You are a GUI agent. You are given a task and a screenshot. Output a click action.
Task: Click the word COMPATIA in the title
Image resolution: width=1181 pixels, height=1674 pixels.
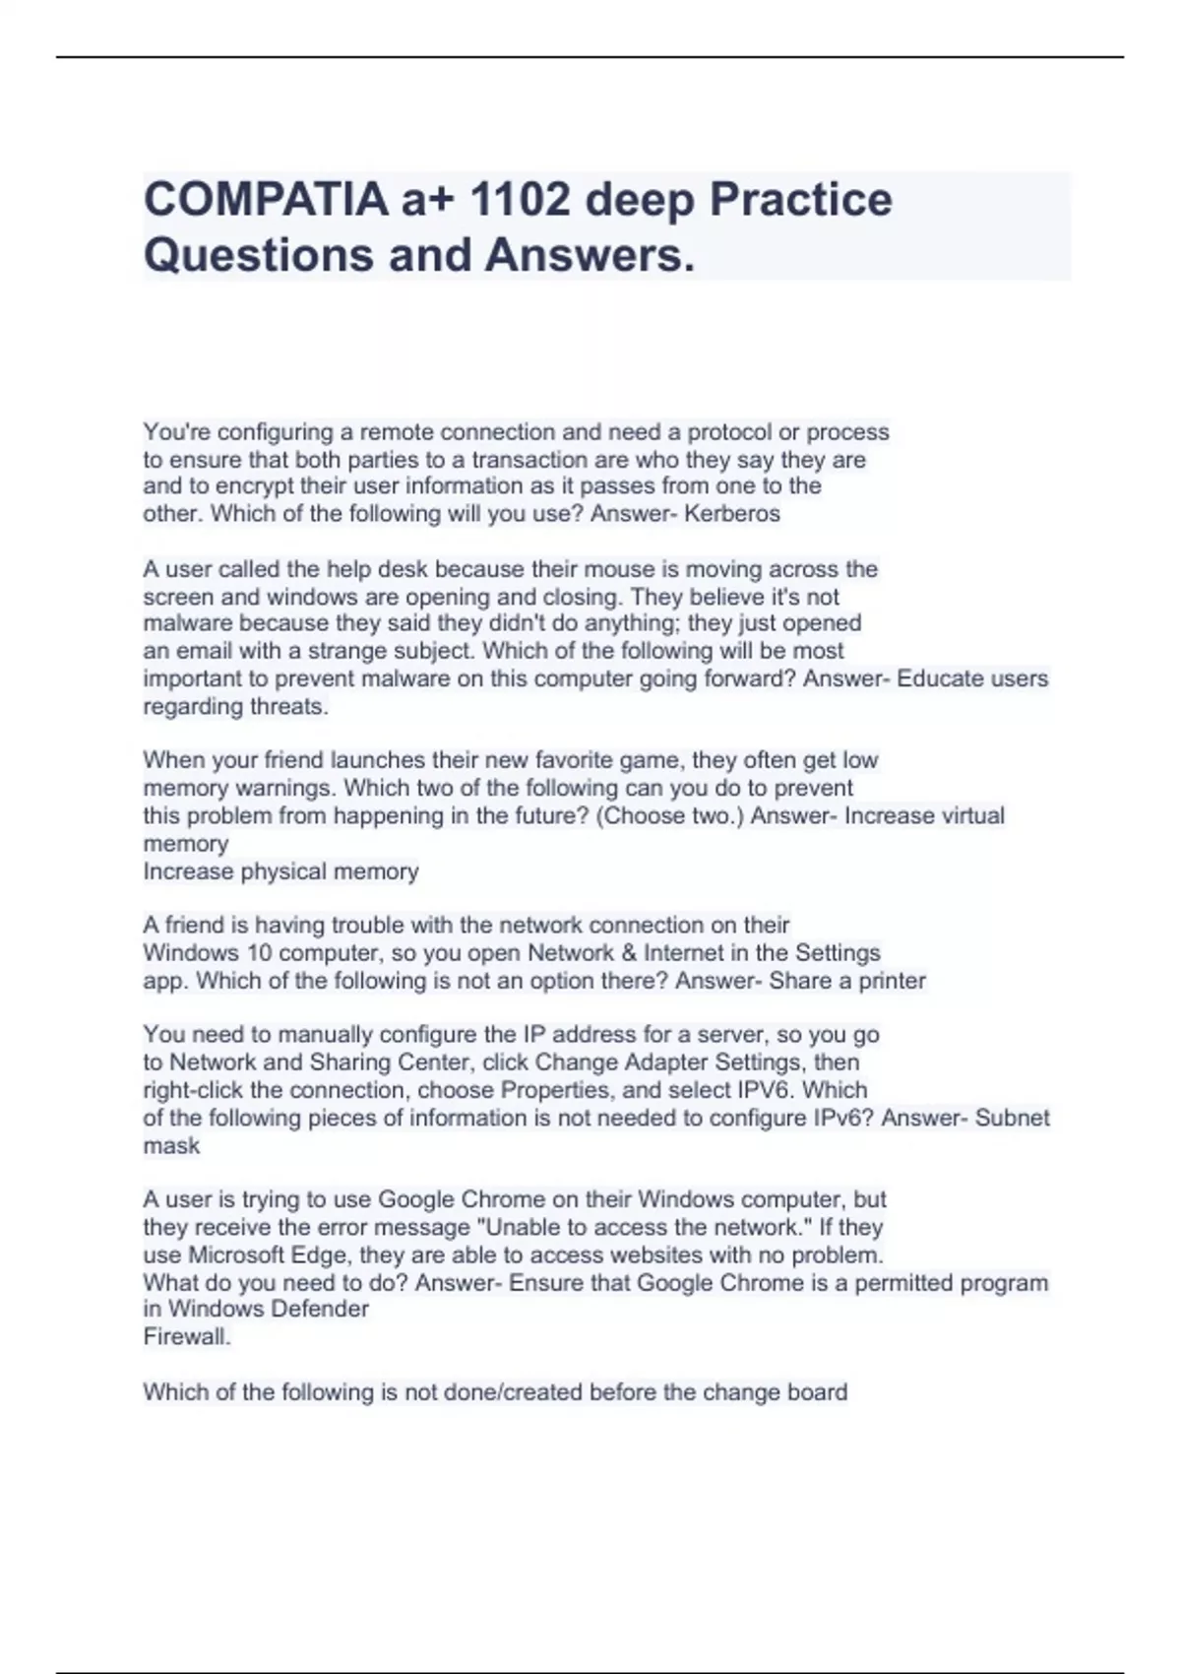pos(265,200)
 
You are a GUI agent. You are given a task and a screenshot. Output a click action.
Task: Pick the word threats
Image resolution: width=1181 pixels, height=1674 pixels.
pos(289,706)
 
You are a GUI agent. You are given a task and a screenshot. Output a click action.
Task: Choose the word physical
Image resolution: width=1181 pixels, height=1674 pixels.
pos(283,871)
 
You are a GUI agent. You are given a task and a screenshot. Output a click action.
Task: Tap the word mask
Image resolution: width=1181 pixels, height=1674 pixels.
pos(171,1145)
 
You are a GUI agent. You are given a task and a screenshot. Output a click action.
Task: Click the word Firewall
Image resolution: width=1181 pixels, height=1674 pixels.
pos(187,1337)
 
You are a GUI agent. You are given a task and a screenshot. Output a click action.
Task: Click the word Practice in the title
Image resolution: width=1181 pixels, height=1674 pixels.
pos(800,200)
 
